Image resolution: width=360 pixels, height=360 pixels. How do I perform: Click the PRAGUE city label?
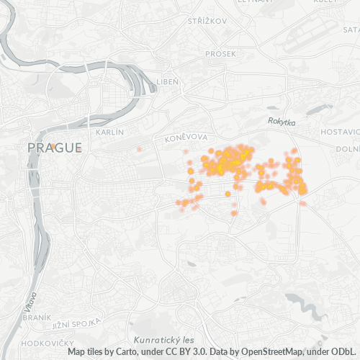pyautogui.click(x=54, y=148)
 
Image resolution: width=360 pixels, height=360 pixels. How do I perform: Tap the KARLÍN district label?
pyautogui.click(x=110, y=132)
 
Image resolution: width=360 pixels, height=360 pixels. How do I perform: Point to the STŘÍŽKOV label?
pyautogui.click(x=207, y=21)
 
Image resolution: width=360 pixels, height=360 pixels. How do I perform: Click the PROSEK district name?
pyautogui.click(x=220, y=53)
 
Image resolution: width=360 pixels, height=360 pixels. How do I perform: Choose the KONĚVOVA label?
pyautogui.click(x=186, y=137)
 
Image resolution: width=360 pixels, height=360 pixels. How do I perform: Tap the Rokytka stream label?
pyautogui.click(x=282, y=123)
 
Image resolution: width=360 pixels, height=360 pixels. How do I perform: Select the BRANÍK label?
pyautogui.click(x=37, y=318)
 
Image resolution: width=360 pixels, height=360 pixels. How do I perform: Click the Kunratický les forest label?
pyautogui.click(x=164, y=339)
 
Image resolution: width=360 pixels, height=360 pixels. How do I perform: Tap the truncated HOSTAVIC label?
pyautogui.click(x=340, y=132)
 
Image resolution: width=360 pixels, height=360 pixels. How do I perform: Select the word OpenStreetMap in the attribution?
pyautogui.click(x=264, y=352)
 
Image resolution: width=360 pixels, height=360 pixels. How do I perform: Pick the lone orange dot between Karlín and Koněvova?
pyautogui.click(x=139, y=149)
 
